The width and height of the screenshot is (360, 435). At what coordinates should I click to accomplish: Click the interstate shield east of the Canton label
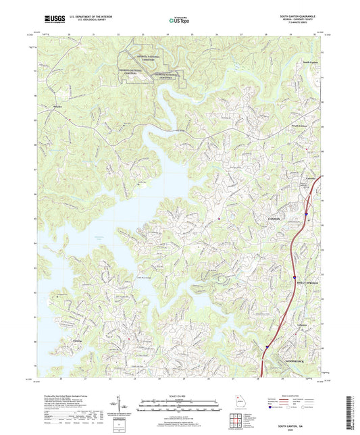pyautogui.click(x=306, y=213)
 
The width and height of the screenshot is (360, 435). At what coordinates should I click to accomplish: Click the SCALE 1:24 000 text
pyautogui.click(x=178, y=396)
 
